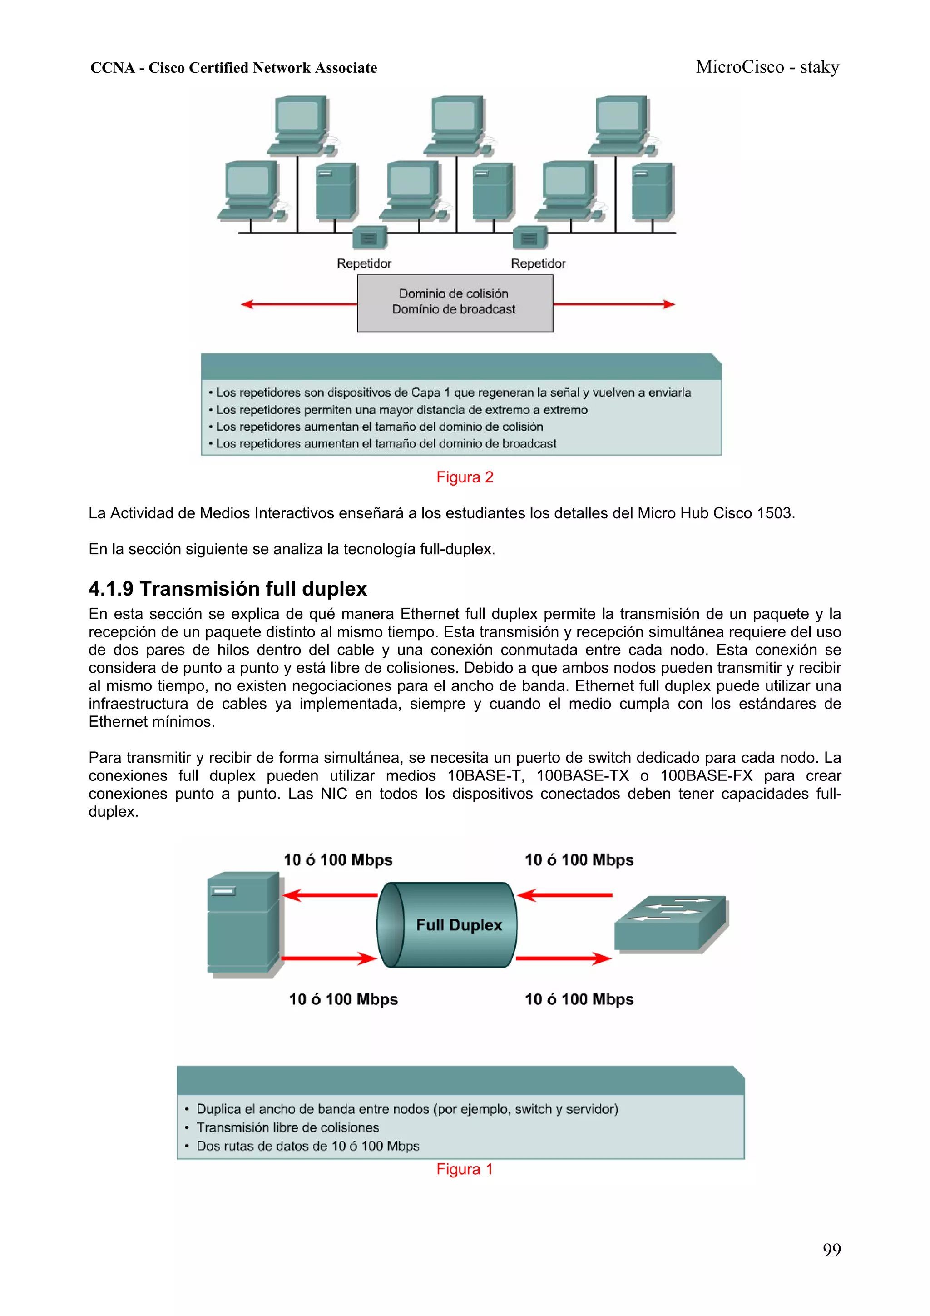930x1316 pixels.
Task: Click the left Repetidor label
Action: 364,263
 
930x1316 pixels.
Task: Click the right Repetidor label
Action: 538,263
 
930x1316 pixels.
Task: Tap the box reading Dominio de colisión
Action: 455,303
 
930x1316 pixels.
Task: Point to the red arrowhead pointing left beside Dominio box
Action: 247,304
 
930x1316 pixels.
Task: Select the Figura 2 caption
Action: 465,477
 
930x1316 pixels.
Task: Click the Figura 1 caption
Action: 464,1169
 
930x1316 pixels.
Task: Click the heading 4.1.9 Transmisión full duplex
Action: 228,589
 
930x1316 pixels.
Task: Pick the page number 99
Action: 831,1250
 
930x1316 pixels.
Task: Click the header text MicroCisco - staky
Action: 767,67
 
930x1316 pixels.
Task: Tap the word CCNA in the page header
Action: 112,68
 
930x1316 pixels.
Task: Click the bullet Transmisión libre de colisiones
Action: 287,1127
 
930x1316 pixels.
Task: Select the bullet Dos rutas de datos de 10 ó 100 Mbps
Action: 308,1146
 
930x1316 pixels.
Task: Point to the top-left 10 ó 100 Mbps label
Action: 338,860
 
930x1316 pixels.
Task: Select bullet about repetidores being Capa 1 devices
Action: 453,392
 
